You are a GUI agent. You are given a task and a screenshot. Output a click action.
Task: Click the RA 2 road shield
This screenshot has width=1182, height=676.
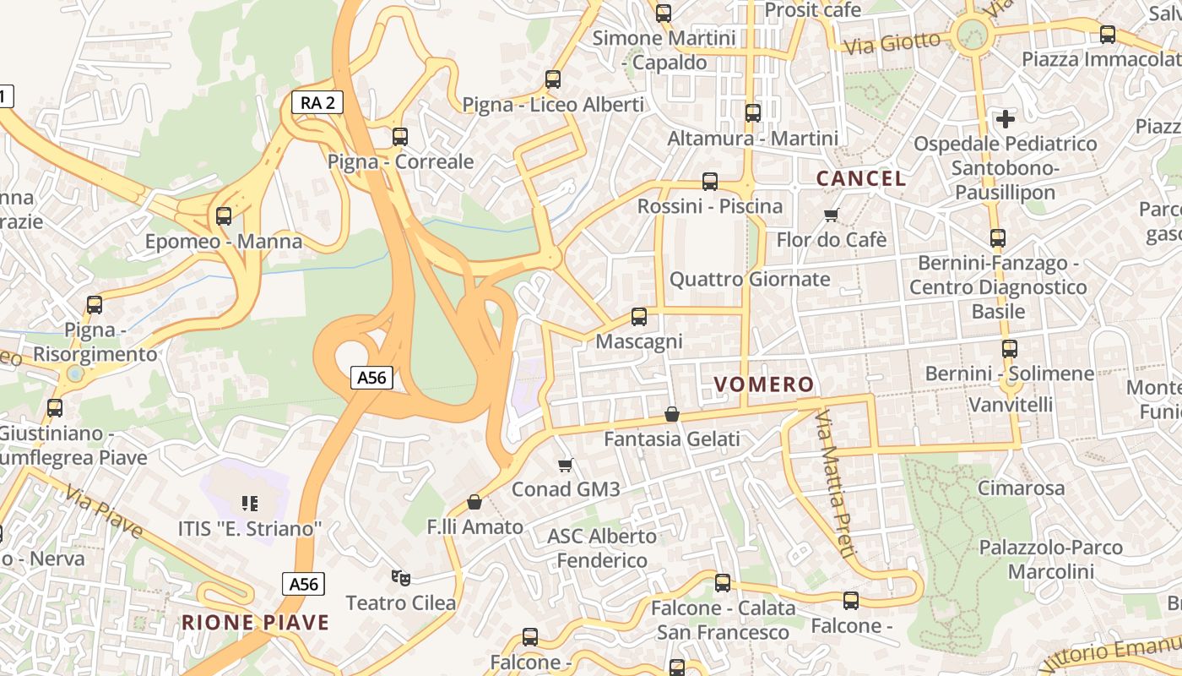(x=317, y=103)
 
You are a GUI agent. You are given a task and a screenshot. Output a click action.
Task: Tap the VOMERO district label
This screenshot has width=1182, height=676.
(x=764, y=385)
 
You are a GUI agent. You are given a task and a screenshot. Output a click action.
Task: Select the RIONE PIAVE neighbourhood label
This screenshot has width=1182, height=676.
(x=255, y=624)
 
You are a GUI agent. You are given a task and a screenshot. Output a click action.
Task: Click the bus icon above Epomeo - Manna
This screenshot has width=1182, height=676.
(x=224, y=216)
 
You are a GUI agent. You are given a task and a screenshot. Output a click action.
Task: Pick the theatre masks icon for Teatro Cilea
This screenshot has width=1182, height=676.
(x=401, y=578)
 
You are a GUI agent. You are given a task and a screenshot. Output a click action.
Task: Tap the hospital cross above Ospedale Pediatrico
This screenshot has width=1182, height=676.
(x=1005, y=119)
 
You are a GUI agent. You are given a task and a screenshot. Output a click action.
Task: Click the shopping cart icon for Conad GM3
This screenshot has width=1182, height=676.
(x=566, y=465)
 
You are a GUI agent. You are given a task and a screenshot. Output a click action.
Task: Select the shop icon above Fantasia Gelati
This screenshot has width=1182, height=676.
(x=672, y=414)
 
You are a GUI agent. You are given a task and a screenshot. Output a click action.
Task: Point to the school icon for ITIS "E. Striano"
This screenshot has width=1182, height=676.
(x=250, y=504)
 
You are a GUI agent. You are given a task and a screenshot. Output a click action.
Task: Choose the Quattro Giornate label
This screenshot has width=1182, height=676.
(x=750, y=280)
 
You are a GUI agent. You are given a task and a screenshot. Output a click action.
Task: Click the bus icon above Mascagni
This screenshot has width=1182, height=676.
(x=639, y=317)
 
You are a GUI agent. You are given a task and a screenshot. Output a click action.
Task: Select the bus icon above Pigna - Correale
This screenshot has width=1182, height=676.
(x=400, y=136)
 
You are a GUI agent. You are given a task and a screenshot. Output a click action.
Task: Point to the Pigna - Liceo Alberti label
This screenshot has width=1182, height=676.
(x=553, y=105)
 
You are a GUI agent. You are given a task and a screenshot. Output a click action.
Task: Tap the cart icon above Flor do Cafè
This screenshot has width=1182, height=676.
(x=832, y=215)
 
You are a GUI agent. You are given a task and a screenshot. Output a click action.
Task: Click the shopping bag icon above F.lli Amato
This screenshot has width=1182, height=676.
(x=474, y=503)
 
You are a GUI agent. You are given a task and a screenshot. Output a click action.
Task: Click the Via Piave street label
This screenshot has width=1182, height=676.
(x=103, y=512)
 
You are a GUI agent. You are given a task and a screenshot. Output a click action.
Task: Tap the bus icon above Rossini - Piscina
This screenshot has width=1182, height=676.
(x=710, y=182)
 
